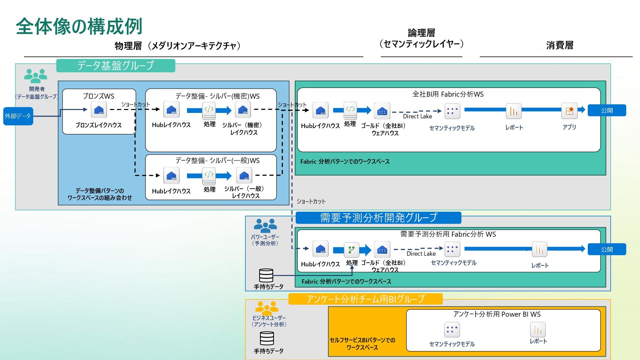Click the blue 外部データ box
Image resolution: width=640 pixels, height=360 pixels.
pos(18,116)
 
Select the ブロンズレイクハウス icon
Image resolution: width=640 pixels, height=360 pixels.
pos(99,110)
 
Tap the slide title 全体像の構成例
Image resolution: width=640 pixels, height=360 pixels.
pos(79,26)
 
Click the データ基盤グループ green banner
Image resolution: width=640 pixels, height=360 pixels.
pos(116,65)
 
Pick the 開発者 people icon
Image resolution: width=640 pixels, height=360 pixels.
pos(36,76)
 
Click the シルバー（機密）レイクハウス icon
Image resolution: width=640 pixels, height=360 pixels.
pos(243,110)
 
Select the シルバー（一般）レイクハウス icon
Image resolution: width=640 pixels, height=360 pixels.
pos(244,175)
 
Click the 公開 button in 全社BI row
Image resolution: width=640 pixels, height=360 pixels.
pos(607,110)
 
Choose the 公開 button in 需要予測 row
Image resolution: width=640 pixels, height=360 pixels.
pos(607,249)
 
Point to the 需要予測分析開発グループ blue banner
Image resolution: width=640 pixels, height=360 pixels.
pos(378,218)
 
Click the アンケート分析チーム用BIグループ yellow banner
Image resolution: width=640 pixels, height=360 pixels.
pos(365,299)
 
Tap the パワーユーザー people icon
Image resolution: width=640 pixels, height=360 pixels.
pos(265,226)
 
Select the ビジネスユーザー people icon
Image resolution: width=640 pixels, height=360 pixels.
pos(267,308)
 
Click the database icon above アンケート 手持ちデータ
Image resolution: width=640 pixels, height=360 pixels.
pos(267,339)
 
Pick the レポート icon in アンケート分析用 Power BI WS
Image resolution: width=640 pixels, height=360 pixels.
pos(538,330)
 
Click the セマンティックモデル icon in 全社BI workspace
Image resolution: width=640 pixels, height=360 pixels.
pos(452,111)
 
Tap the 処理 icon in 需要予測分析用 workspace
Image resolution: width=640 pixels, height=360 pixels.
pos(351,250)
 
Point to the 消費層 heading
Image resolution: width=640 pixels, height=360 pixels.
pos(560,45)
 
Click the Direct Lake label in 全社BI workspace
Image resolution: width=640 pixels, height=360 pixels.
pos(417,116)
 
